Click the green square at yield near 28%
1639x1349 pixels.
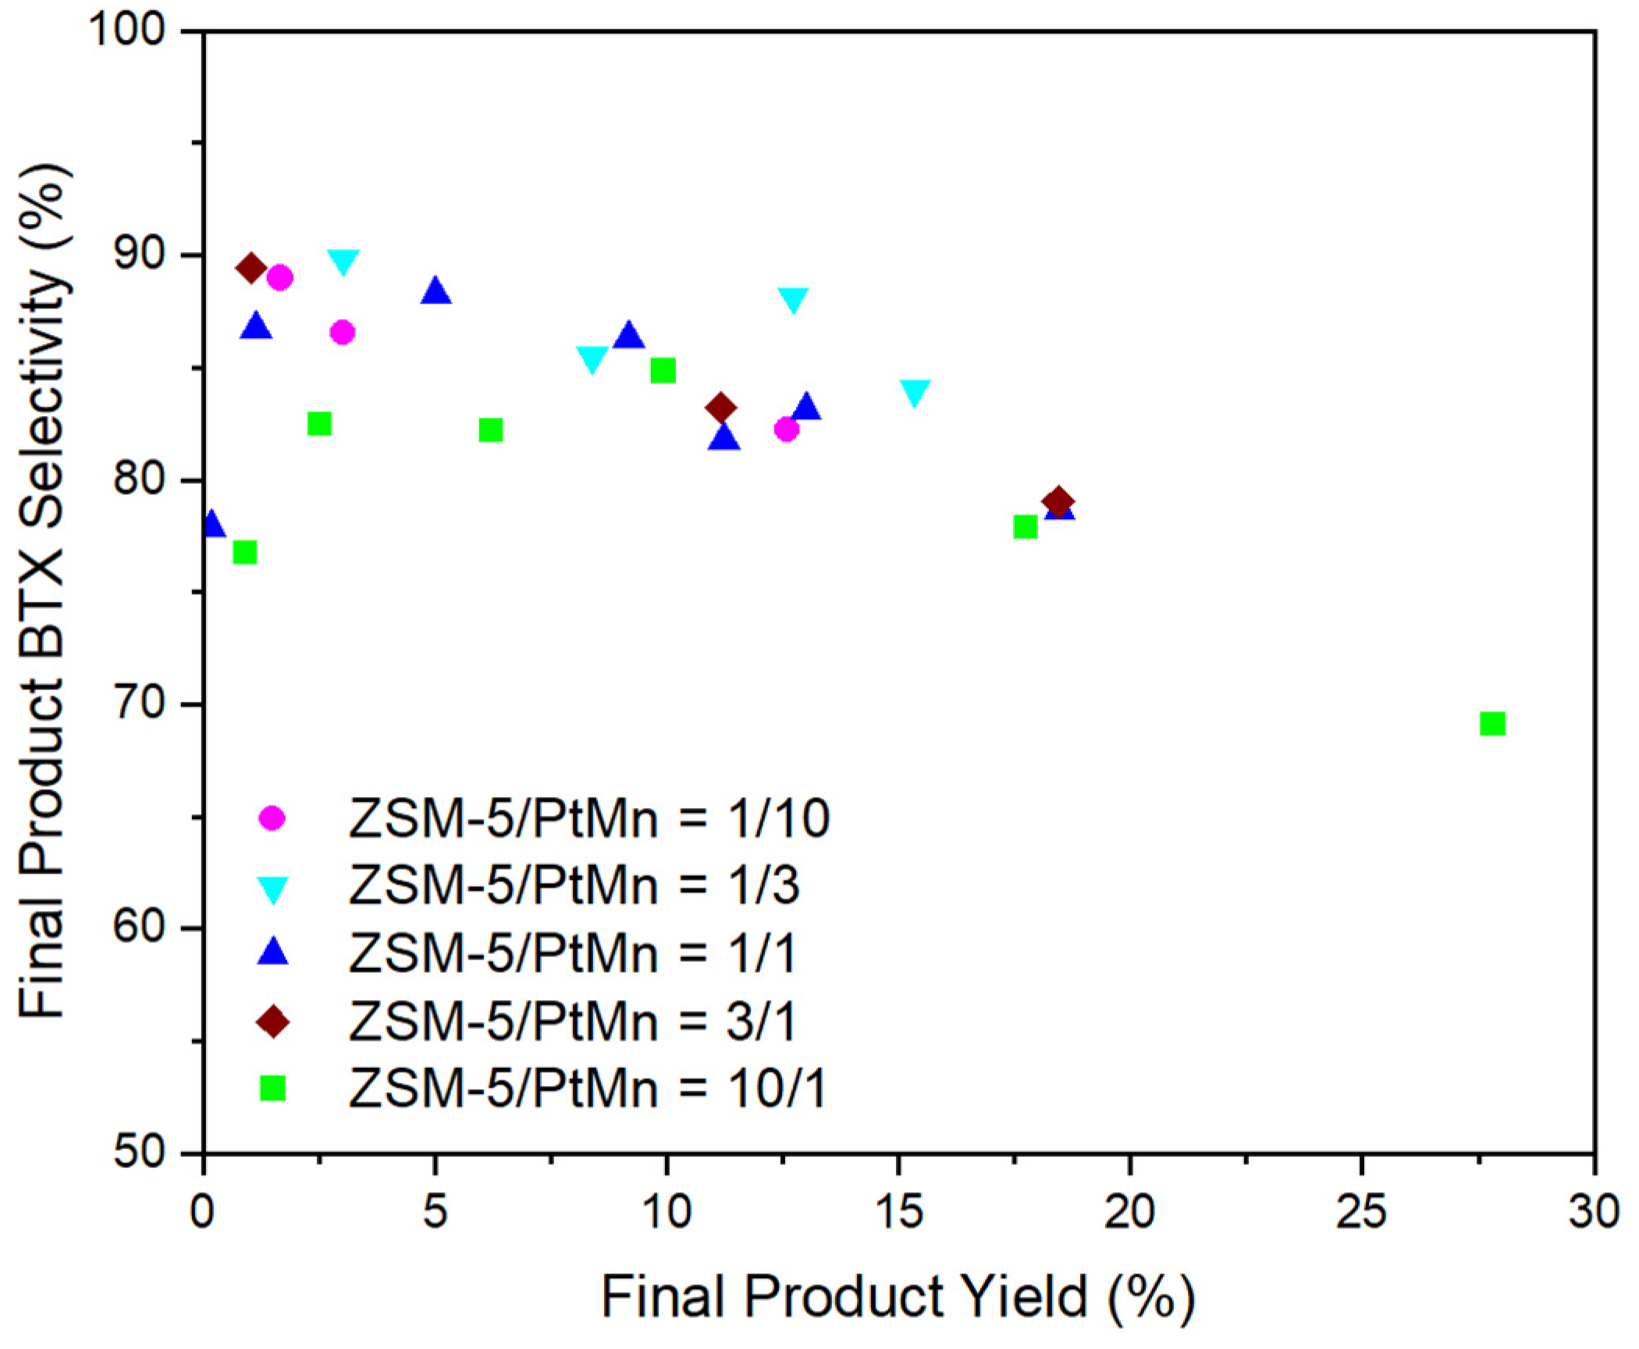(x=1491, y=724)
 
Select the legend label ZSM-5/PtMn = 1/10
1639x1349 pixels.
(x=588, y=819)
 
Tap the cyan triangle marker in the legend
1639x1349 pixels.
(x=272, y=889)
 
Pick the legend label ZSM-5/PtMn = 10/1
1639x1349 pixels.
(x=587, y=1088)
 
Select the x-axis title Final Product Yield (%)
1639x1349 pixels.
(x=898, y=1298)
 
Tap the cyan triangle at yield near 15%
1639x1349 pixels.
(x=915, y=393)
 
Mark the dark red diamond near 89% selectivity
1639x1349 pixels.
(x=251, y=269)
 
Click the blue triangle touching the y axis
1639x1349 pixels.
(x=212, y=524)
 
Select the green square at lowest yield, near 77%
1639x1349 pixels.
(x=244, y=552)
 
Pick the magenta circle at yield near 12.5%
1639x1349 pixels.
(x=786, y=429)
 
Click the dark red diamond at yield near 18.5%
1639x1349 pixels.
(x=1058, y=502)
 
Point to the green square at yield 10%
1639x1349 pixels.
(x=662, y=371)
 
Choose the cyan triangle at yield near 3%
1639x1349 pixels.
(x=343, y=262)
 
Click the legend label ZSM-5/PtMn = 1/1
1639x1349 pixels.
(x=573, y=953)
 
